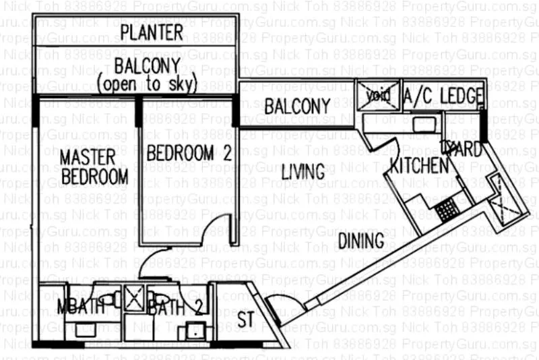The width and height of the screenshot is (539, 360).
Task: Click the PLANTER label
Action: point(152,32)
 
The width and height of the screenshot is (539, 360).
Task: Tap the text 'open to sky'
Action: point(147,85)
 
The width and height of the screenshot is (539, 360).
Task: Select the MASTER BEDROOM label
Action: point(94,167)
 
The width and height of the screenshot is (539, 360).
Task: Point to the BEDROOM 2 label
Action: point(189,152)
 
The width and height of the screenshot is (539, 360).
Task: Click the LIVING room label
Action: point(303,171)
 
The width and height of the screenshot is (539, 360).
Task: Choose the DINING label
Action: point(360,241)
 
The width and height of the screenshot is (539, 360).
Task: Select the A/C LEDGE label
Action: point(443,96)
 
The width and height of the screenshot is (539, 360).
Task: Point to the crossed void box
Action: point(377,95)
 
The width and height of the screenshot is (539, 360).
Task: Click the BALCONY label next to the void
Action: point(297,106)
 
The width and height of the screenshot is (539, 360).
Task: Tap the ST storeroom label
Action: point(246,319)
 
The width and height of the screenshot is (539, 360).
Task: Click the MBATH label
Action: point(81,307)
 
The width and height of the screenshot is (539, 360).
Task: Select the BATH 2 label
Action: point(175,309)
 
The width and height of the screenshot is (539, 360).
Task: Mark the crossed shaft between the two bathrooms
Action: point(131,297)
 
